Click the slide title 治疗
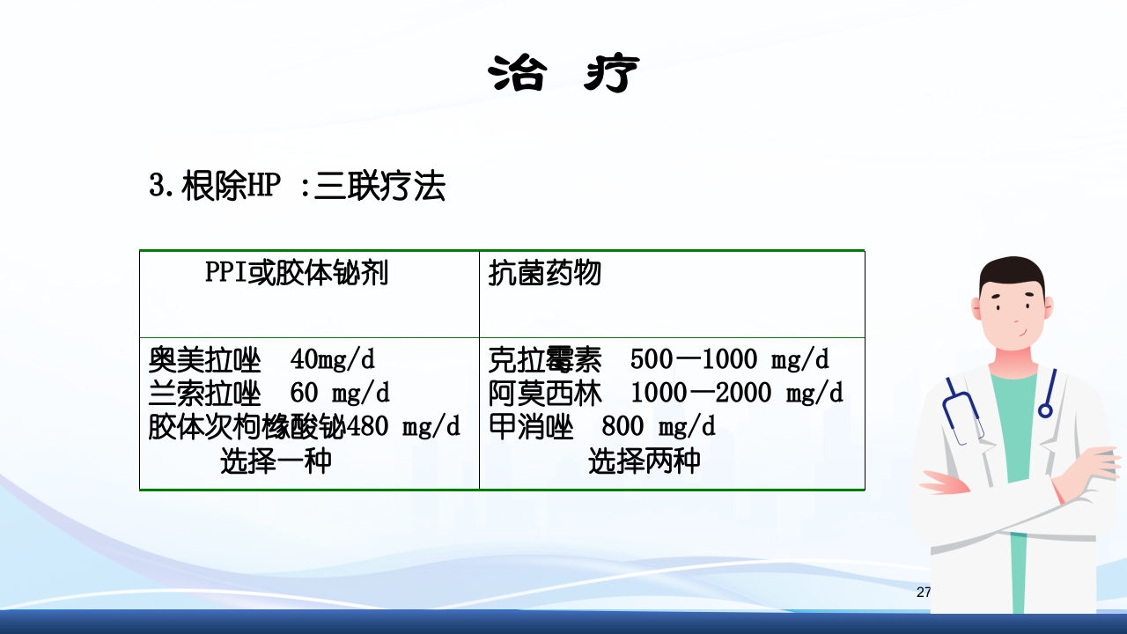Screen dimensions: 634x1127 click(563, 74)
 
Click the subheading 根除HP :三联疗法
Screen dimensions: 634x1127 click(297, 188)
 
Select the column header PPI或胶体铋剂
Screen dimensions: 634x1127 click(297, 274)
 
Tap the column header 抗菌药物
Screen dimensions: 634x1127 click(544, 274)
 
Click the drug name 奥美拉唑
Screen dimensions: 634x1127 click(205, 359)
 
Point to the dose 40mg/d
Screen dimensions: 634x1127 click(333, 359)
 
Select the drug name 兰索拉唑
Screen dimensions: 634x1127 click(205, 393)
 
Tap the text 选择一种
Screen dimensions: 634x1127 click(276, 461)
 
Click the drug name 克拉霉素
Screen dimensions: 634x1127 click(544, 359)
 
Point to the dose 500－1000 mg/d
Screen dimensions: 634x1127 click(730, 359)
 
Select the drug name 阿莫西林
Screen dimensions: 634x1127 click(544, 393)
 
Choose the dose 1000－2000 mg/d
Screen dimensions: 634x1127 click(737, 393)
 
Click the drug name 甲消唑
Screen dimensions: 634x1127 click(531, 427)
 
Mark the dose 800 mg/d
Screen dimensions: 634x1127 click(659, 427)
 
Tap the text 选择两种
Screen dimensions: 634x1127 click(644, 461)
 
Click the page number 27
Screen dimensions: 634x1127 click(924, 592)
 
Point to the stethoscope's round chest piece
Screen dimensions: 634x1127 click(1045, 410)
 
